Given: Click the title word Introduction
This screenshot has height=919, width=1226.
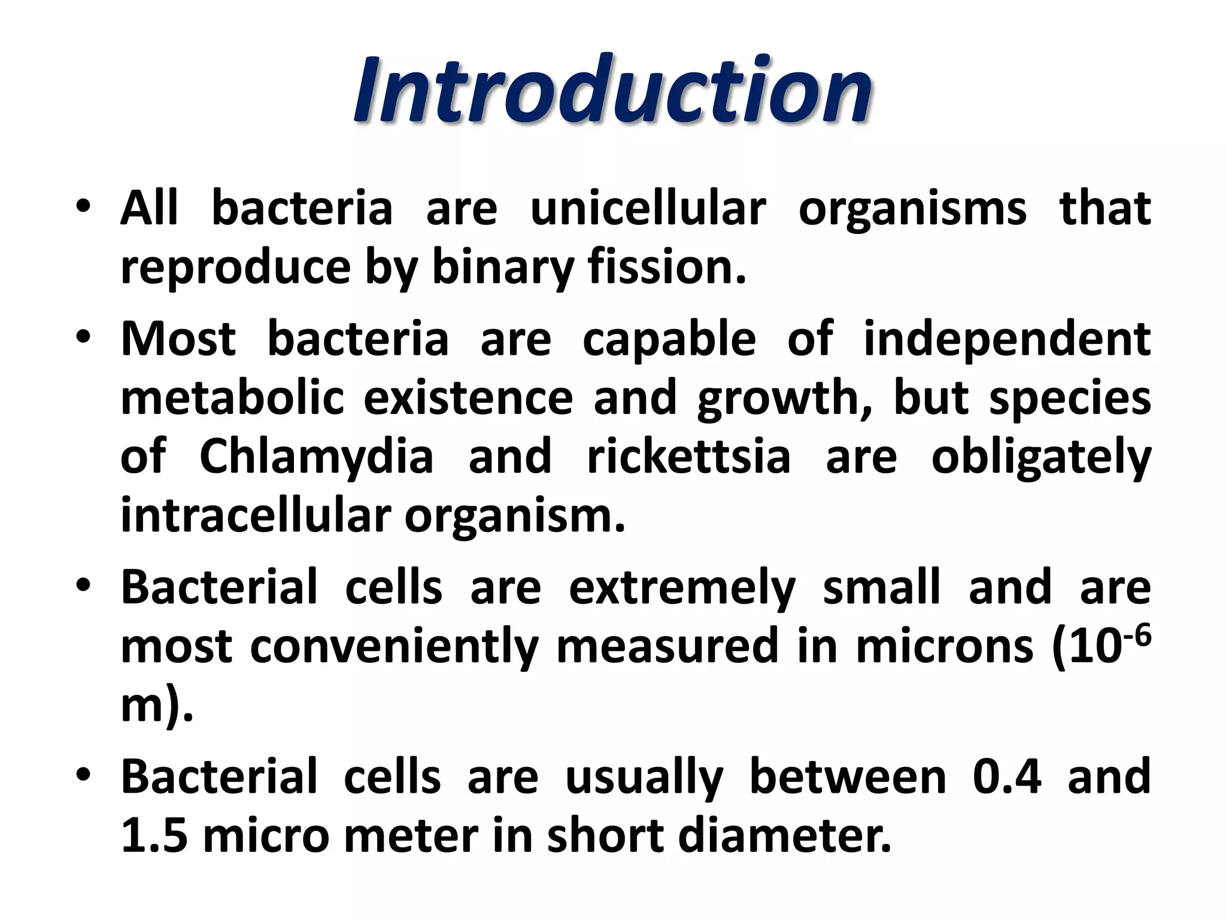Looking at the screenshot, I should click(612, 90).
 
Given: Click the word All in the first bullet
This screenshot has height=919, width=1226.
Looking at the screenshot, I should click(150, 209).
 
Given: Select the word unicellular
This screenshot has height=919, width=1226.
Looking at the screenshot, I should click(648, 209).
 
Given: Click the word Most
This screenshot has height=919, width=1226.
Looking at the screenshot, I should click(178, 339).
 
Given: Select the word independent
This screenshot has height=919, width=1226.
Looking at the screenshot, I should click(1007, 339).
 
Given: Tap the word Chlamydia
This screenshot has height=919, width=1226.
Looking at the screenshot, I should click(316, 457).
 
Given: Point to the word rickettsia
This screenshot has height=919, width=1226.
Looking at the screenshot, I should click(688, 457).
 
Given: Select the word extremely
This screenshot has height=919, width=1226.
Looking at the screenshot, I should click(681, 588).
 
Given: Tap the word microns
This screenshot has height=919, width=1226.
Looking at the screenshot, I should click(944, 647).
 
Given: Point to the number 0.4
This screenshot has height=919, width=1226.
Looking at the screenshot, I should click(1007, 777).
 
